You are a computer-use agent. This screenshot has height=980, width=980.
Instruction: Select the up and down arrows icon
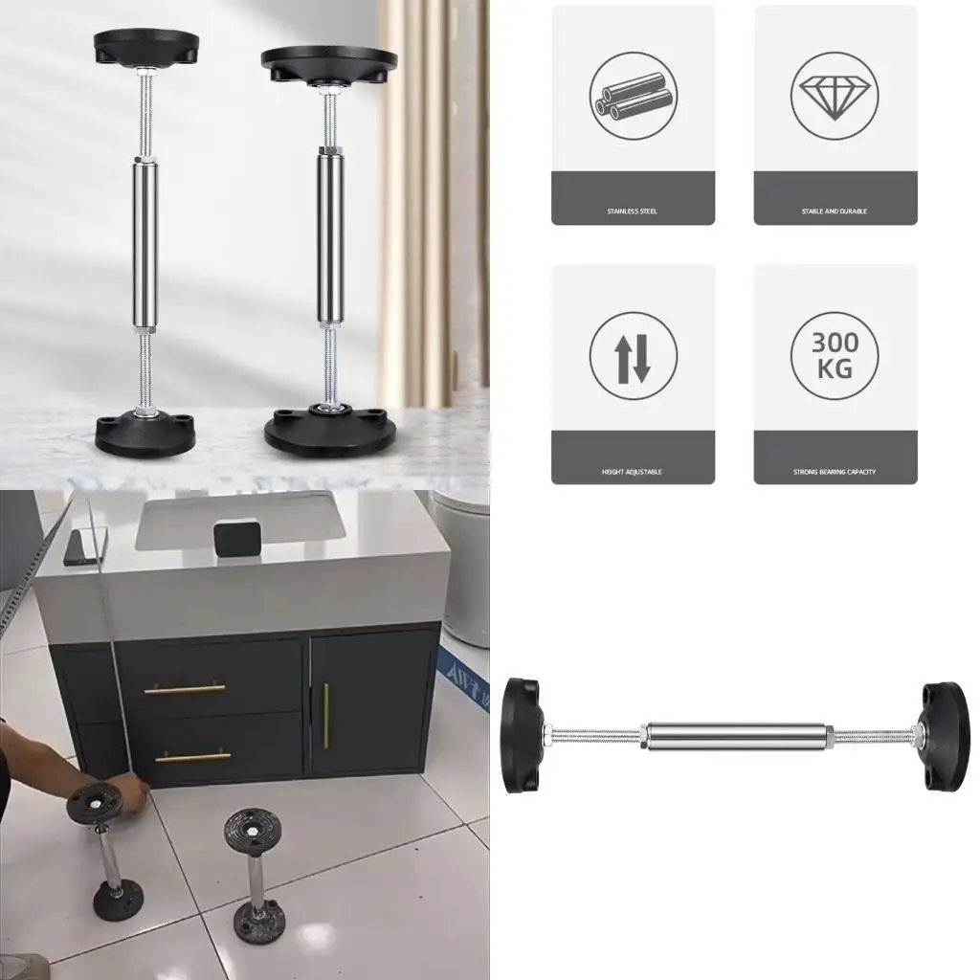tap(633, 356)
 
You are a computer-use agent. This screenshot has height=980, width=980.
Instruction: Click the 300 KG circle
tap(835, 356)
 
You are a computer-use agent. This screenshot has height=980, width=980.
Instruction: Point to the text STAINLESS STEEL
tap(633, 211)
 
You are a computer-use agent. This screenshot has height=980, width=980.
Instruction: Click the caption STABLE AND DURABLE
tap(835, 211)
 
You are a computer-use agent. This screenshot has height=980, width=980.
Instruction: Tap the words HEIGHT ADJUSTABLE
tap(633, 472)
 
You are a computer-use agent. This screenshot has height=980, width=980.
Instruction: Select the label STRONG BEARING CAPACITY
tap(835, 472)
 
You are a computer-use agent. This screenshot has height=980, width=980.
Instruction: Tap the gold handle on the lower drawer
tap(194, 756)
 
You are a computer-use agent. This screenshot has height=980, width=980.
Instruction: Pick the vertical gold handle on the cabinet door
tap(325, 716)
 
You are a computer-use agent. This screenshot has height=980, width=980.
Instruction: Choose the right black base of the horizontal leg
tap(945, 735)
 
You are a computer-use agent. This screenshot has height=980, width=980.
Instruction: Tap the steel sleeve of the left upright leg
tap(145, 245)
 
